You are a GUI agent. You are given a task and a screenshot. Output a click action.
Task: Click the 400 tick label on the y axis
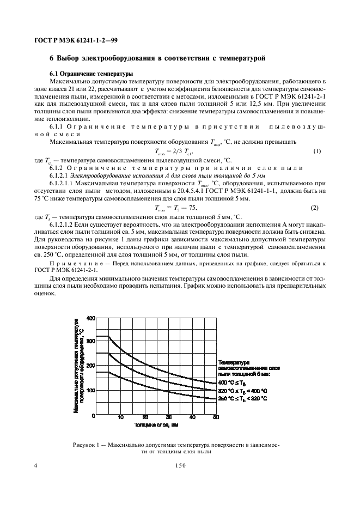[x=90, y=318]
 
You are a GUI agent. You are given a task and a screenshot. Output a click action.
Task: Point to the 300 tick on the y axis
[x=90, y=342]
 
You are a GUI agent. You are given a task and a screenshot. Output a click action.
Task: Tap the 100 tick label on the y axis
[x=90, y=391]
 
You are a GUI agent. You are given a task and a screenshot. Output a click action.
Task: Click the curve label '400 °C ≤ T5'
[x=233, y=382]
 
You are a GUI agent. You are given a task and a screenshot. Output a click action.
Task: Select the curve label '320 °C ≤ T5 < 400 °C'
[x=243, y=391]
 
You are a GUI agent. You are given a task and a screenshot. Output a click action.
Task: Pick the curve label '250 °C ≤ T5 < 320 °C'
[x=243, y=398]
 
